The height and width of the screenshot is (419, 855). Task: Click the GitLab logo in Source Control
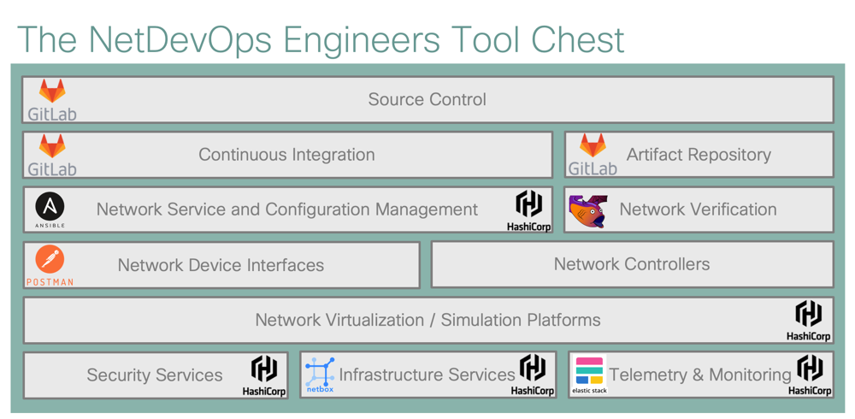coord(52,99)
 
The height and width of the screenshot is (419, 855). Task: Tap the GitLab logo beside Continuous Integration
coord(52,155)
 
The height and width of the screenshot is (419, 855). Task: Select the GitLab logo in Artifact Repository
coord(593,155)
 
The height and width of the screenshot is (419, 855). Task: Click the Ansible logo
coord(50,209)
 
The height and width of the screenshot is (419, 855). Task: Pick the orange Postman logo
coord(50,265)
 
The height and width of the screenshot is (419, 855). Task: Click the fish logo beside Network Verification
coord(587,210)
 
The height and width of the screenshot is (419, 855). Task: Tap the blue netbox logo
coord(320,375)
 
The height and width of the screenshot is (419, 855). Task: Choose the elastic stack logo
coord(589,375)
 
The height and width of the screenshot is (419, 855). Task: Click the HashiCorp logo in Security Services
coord(263,375)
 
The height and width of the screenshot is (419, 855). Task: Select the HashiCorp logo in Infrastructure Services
coord(533,375)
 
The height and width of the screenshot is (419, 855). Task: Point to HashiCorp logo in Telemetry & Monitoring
coord(809,375)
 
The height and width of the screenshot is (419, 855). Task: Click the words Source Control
coord(427,99)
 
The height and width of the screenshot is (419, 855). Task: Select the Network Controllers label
coord(631,264)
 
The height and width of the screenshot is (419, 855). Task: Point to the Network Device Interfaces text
coord(221,265)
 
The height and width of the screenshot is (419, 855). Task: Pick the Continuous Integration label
coord(286,155)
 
